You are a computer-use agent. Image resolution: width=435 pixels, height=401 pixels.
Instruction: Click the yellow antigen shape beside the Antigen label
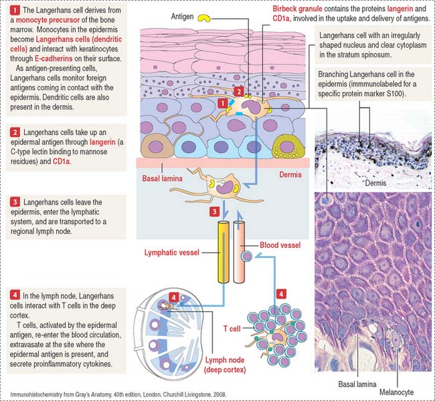[x=204, y=18]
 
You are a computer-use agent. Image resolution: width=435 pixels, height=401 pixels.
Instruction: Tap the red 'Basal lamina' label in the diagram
[x=163, y=178]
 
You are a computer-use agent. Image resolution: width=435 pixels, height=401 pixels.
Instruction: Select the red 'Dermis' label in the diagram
[x=290, y=174]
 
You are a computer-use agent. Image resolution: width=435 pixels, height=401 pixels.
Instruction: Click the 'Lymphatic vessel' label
[x=172, y=253]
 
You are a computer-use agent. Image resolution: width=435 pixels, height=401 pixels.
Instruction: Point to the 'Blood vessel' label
[x=280, y=245]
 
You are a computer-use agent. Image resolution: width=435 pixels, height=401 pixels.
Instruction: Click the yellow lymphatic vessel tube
[x=224, y=252]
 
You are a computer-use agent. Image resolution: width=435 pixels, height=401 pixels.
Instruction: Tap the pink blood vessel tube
[x=239, y=252]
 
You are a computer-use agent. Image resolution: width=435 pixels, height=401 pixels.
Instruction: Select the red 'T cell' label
[x=232, y=329]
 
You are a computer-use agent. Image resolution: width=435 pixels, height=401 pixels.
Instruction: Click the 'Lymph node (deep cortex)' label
[x=225, y=365]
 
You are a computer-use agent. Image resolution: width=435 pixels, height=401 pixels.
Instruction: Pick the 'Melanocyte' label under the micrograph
[x=396, y=392]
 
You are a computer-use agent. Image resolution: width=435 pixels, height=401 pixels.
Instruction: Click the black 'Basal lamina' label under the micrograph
[x=357, y=384]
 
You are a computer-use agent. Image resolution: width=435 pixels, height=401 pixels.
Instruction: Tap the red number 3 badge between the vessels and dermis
[x=214, y=212]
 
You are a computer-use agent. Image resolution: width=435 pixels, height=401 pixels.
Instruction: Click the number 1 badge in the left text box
[x=15, y=10]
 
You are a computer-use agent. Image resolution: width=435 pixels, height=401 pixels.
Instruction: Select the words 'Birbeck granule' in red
[x=297, y=9]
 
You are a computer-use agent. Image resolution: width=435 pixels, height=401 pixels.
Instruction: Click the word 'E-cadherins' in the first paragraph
[x=54, y=59]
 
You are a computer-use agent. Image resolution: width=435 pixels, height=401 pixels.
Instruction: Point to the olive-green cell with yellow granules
[x=288, y=147]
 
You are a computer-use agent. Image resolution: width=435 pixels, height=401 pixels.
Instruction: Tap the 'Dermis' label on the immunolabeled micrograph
[x=375, y=183]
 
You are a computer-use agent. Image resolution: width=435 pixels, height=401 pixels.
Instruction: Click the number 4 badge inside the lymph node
[x=174, y=297]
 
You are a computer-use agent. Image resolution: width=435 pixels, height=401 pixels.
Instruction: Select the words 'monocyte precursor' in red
[x=48, y=20]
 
